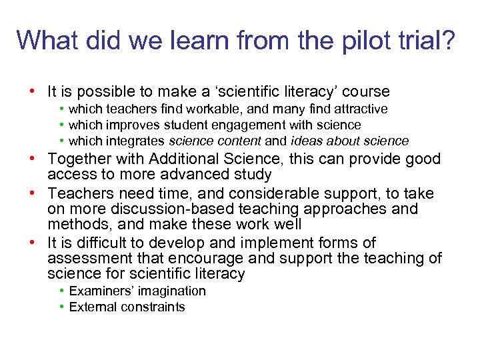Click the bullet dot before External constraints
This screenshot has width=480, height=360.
tap(61, 307)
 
